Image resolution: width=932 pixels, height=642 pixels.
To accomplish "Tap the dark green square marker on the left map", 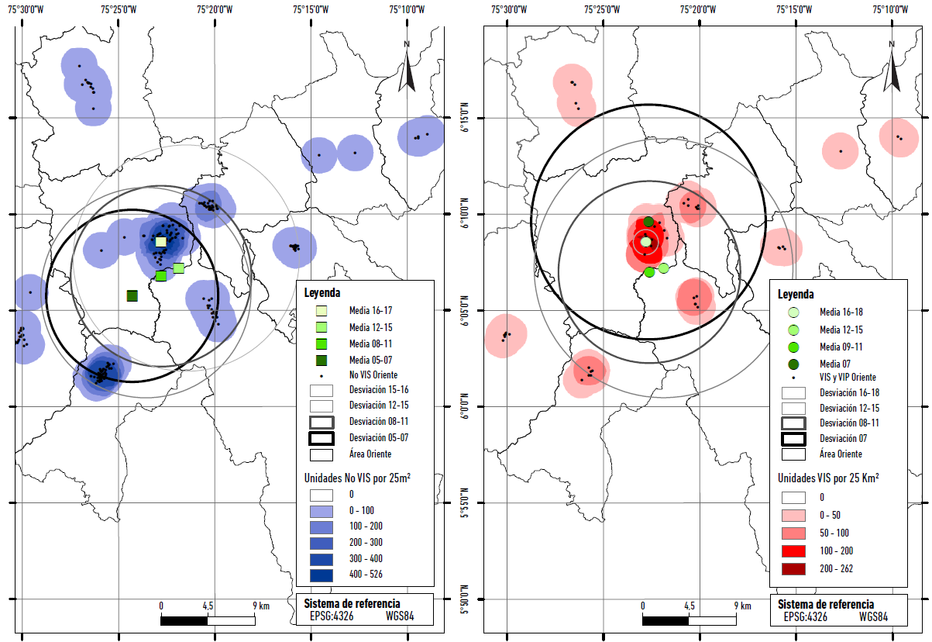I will tap(132, 295).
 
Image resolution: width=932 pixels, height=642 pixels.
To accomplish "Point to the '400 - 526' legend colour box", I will tap(322, 575).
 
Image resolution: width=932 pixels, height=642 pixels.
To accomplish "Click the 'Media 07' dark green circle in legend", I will tap(793, 363).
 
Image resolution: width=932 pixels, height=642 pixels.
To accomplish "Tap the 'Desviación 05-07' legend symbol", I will tap(322, 437).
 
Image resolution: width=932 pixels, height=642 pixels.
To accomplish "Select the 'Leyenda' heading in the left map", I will tap(322, 292).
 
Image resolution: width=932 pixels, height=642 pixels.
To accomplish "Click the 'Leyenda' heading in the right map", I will tap(796, 295).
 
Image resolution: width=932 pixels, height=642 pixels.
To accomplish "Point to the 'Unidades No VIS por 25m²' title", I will tap(356, 478).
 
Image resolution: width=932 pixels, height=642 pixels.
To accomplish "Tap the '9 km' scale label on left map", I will tap(261, 606).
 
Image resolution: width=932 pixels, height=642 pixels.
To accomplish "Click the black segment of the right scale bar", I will tap(665, 620).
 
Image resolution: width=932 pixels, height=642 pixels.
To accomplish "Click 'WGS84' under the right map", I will tap(873, 617).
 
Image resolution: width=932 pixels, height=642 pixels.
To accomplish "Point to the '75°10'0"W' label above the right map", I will tap(892, 10).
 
